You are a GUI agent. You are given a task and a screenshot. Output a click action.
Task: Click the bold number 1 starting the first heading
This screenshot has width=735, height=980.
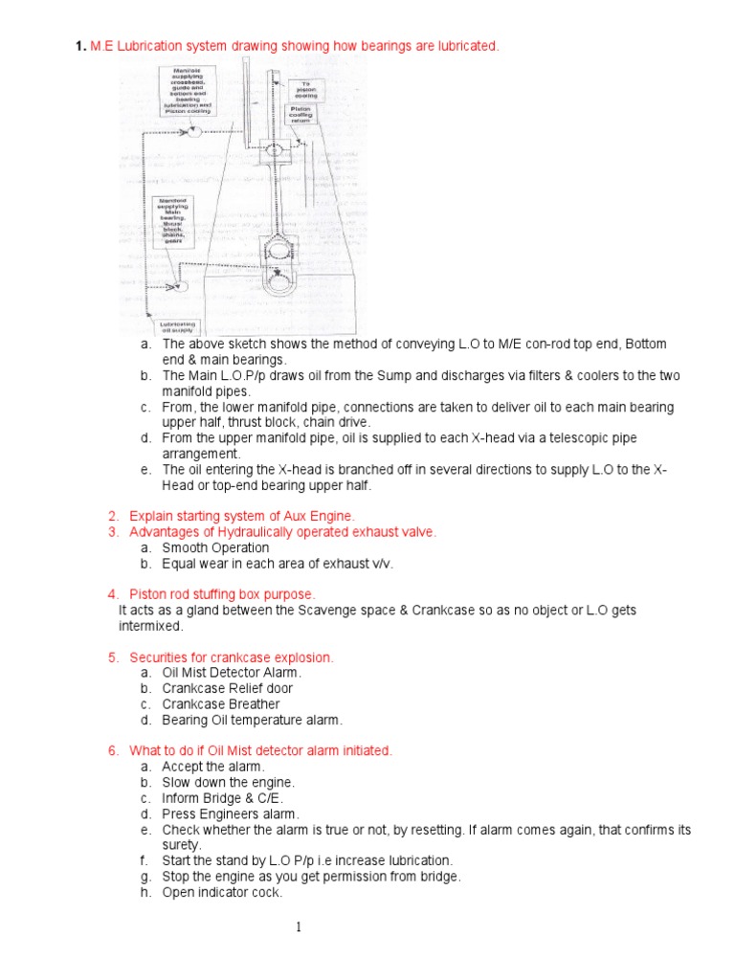(80, 46)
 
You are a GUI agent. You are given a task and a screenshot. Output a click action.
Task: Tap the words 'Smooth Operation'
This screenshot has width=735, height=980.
(215, 547)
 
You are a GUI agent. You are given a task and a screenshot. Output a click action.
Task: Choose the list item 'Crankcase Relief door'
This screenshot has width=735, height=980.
(227, 688)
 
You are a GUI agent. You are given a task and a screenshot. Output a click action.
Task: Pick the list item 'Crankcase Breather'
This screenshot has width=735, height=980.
(220, 703)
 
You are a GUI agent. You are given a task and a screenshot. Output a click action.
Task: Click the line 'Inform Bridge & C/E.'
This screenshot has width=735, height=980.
(222, 798)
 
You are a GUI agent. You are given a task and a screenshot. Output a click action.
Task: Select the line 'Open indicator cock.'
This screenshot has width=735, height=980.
(221, 892)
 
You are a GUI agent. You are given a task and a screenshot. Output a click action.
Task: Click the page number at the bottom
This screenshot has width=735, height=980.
(299, 927)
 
